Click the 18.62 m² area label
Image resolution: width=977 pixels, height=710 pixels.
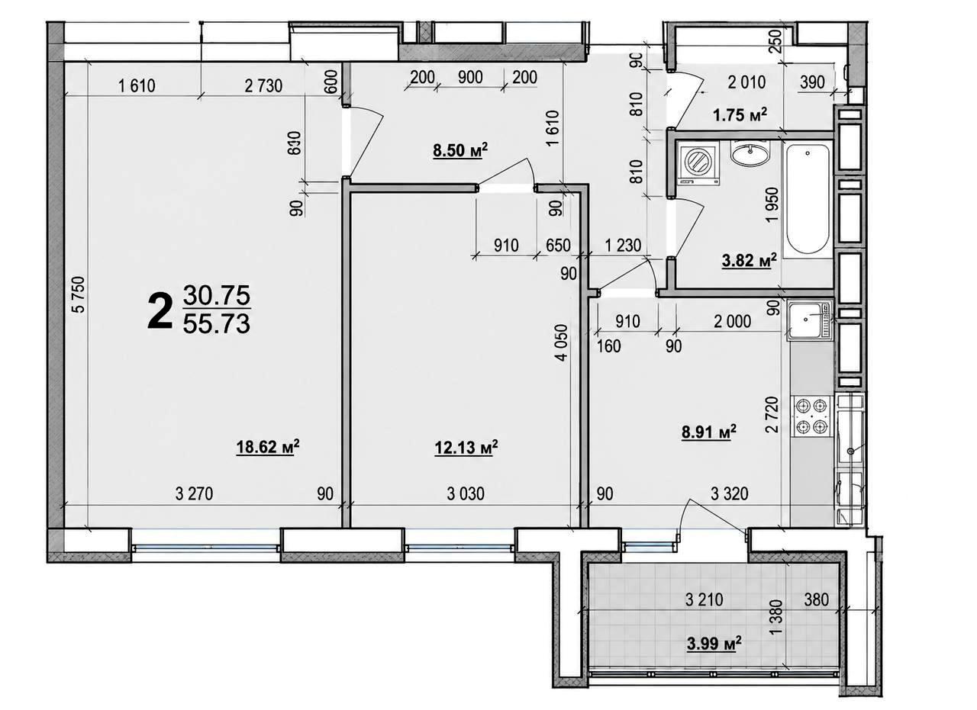coord(267,447)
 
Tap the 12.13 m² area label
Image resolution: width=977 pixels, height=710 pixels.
coord(466,447)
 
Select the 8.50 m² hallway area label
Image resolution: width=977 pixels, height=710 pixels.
coord(460,151)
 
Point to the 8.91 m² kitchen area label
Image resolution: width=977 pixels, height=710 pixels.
coord(709,432)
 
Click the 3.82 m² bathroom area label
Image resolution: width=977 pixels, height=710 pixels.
coord(750,261)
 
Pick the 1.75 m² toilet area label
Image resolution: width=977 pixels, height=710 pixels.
coord(740,115)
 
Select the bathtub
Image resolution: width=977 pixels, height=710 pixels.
coord(808,200)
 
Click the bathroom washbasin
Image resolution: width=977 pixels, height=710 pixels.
coord(750,153)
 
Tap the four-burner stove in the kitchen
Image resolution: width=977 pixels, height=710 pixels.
coord(811,416)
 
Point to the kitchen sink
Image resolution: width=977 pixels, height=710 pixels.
coord(810,320)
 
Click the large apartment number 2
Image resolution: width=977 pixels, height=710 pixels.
coord(160,310)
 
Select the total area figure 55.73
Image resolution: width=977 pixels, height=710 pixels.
coord(217,324)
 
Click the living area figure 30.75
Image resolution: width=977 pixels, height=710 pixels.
coord(217,295)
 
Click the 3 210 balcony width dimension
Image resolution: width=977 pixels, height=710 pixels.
coord(705,599)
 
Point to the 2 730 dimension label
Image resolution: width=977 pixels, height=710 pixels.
coord(264,86)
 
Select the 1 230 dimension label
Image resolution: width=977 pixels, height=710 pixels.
coord(624,246)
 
